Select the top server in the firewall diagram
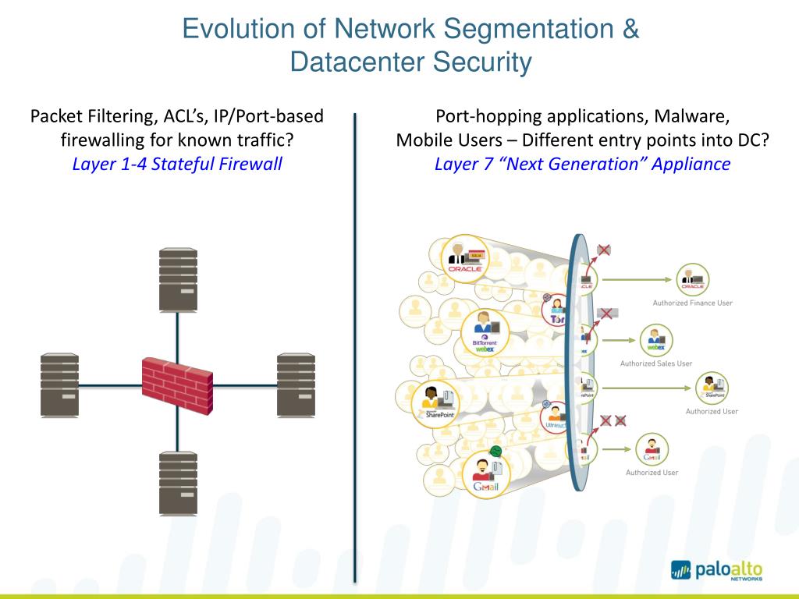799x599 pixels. tap(178, 280)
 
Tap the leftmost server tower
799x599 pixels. tap(60, 384)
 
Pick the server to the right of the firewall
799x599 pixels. tap(296, 384)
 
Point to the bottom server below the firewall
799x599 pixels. tap(178, 482)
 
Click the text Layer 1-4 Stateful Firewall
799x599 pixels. tap(177, 165)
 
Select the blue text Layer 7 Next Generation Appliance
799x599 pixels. tap(582, 165)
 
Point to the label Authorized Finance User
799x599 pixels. tap(692, 303)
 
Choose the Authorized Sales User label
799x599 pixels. tap(655, 363)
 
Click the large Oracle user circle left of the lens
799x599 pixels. tap(464, 257)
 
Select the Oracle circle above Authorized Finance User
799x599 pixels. tap(692, 278)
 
